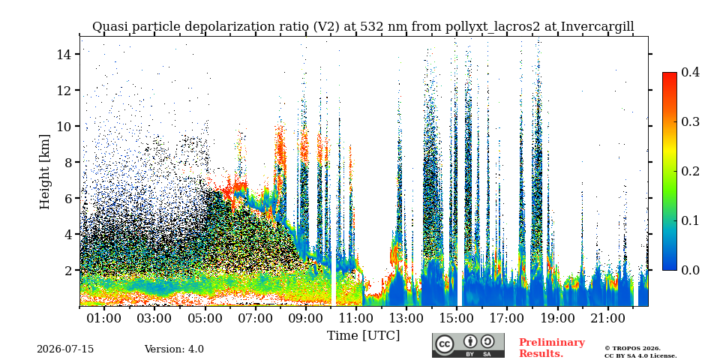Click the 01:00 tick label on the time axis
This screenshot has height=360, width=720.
(x=104, y=318)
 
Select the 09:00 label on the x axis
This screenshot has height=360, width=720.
(x=306, y=318)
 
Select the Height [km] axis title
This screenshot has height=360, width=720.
(x=44, y=172)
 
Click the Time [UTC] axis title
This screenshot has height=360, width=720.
(x=363, y=335)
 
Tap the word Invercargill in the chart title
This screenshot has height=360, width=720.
(x=598, y=27)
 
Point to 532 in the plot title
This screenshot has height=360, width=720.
(x=370, y=27)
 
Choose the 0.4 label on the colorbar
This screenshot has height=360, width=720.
(x=690, y=72)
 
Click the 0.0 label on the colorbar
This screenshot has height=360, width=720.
(x=690, y=270)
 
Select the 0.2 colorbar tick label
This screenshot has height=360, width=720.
(x=690, y=171)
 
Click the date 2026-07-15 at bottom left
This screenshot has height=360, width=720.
(x=65, y=349)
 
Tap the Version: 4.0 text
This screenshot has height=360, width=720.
(x=174, y=349)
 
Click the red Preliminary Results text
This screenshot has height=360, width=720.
(x=552, y=348)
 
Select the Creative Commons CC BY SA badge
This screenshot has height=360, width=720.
(x=468, y=345)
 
